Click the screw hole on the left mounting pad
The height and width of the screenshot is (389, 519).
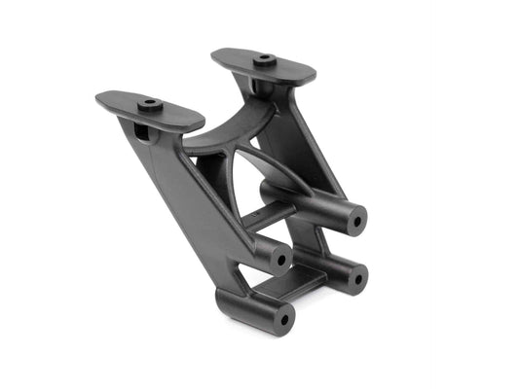(149, 102)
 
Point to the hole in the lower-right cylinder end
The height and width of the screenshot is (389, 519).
(355, 278)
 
